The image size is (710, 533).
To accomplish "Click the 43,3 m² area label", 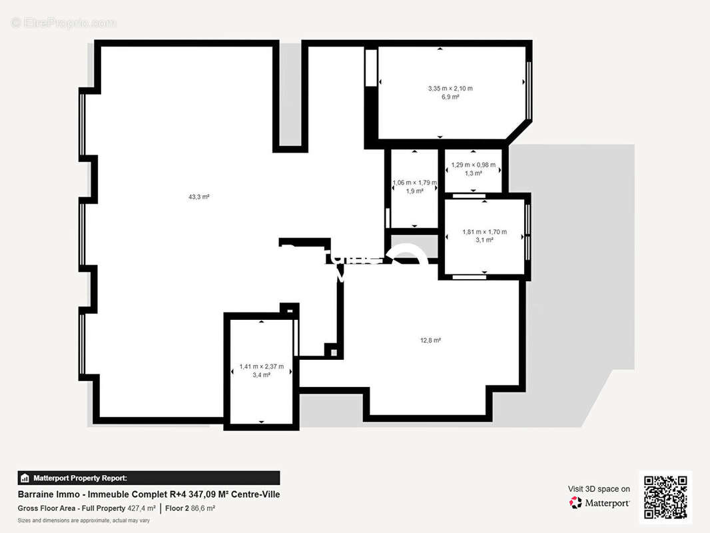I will (198, 197).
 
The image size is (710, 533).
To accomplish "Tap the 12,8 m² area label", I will (430, 340).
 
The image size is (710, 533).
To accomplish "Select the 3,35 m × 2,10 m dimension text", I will (450, 89).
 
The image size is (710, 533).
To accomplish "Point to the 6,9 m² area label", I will (450, 97).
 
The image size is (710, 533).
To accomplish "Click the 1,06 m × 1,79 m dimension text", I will (414, 183).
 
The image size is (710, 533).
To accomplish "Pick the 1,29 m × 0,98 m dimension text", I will (473, 165).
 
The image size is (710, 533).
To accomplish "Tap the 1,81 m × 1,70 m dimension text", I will (484, 232).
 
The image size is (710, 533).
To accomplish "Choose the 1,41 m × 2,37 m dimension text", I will (261, 366).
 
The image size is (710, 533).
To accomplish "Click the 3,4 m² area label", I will (261, 375).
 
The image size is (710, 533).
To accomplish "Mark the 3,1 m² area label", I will (484, 241).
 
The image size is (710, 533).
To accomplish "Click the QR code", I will (665, 497).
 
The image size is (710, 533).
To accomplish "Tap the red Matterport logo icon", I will (575, 503).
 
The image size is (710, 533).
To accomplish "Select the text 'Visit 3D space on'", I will (598, 489).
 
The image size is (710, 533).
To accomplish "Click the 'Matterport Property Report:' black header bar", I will (149, 478).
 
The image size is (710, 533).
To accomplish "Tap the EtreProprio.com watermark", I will (63, 23).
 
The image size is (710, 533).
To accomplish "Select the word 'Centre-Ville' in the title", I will (256, 494).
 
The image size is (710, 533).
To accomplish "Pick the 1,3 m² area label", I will (473, 173).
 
